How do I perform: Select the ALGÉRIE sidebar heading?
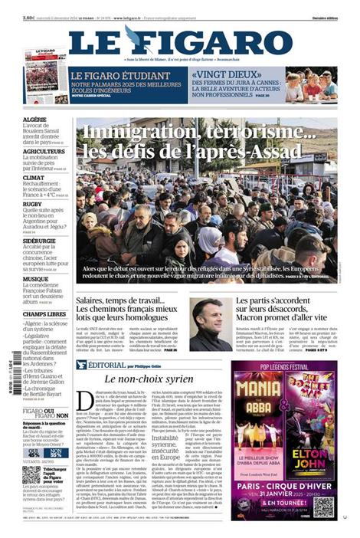pos(35,120)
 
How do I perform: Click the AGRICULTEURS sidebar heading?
pos(44,151)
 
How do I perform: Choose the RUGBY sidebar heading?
pos(33,205)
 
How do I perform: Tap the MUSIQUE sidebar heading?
pos(36,279)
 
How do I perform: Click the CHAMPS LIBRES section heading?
pos(44,314)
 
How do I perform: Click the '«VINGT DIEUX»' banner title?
pos(219,75)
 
